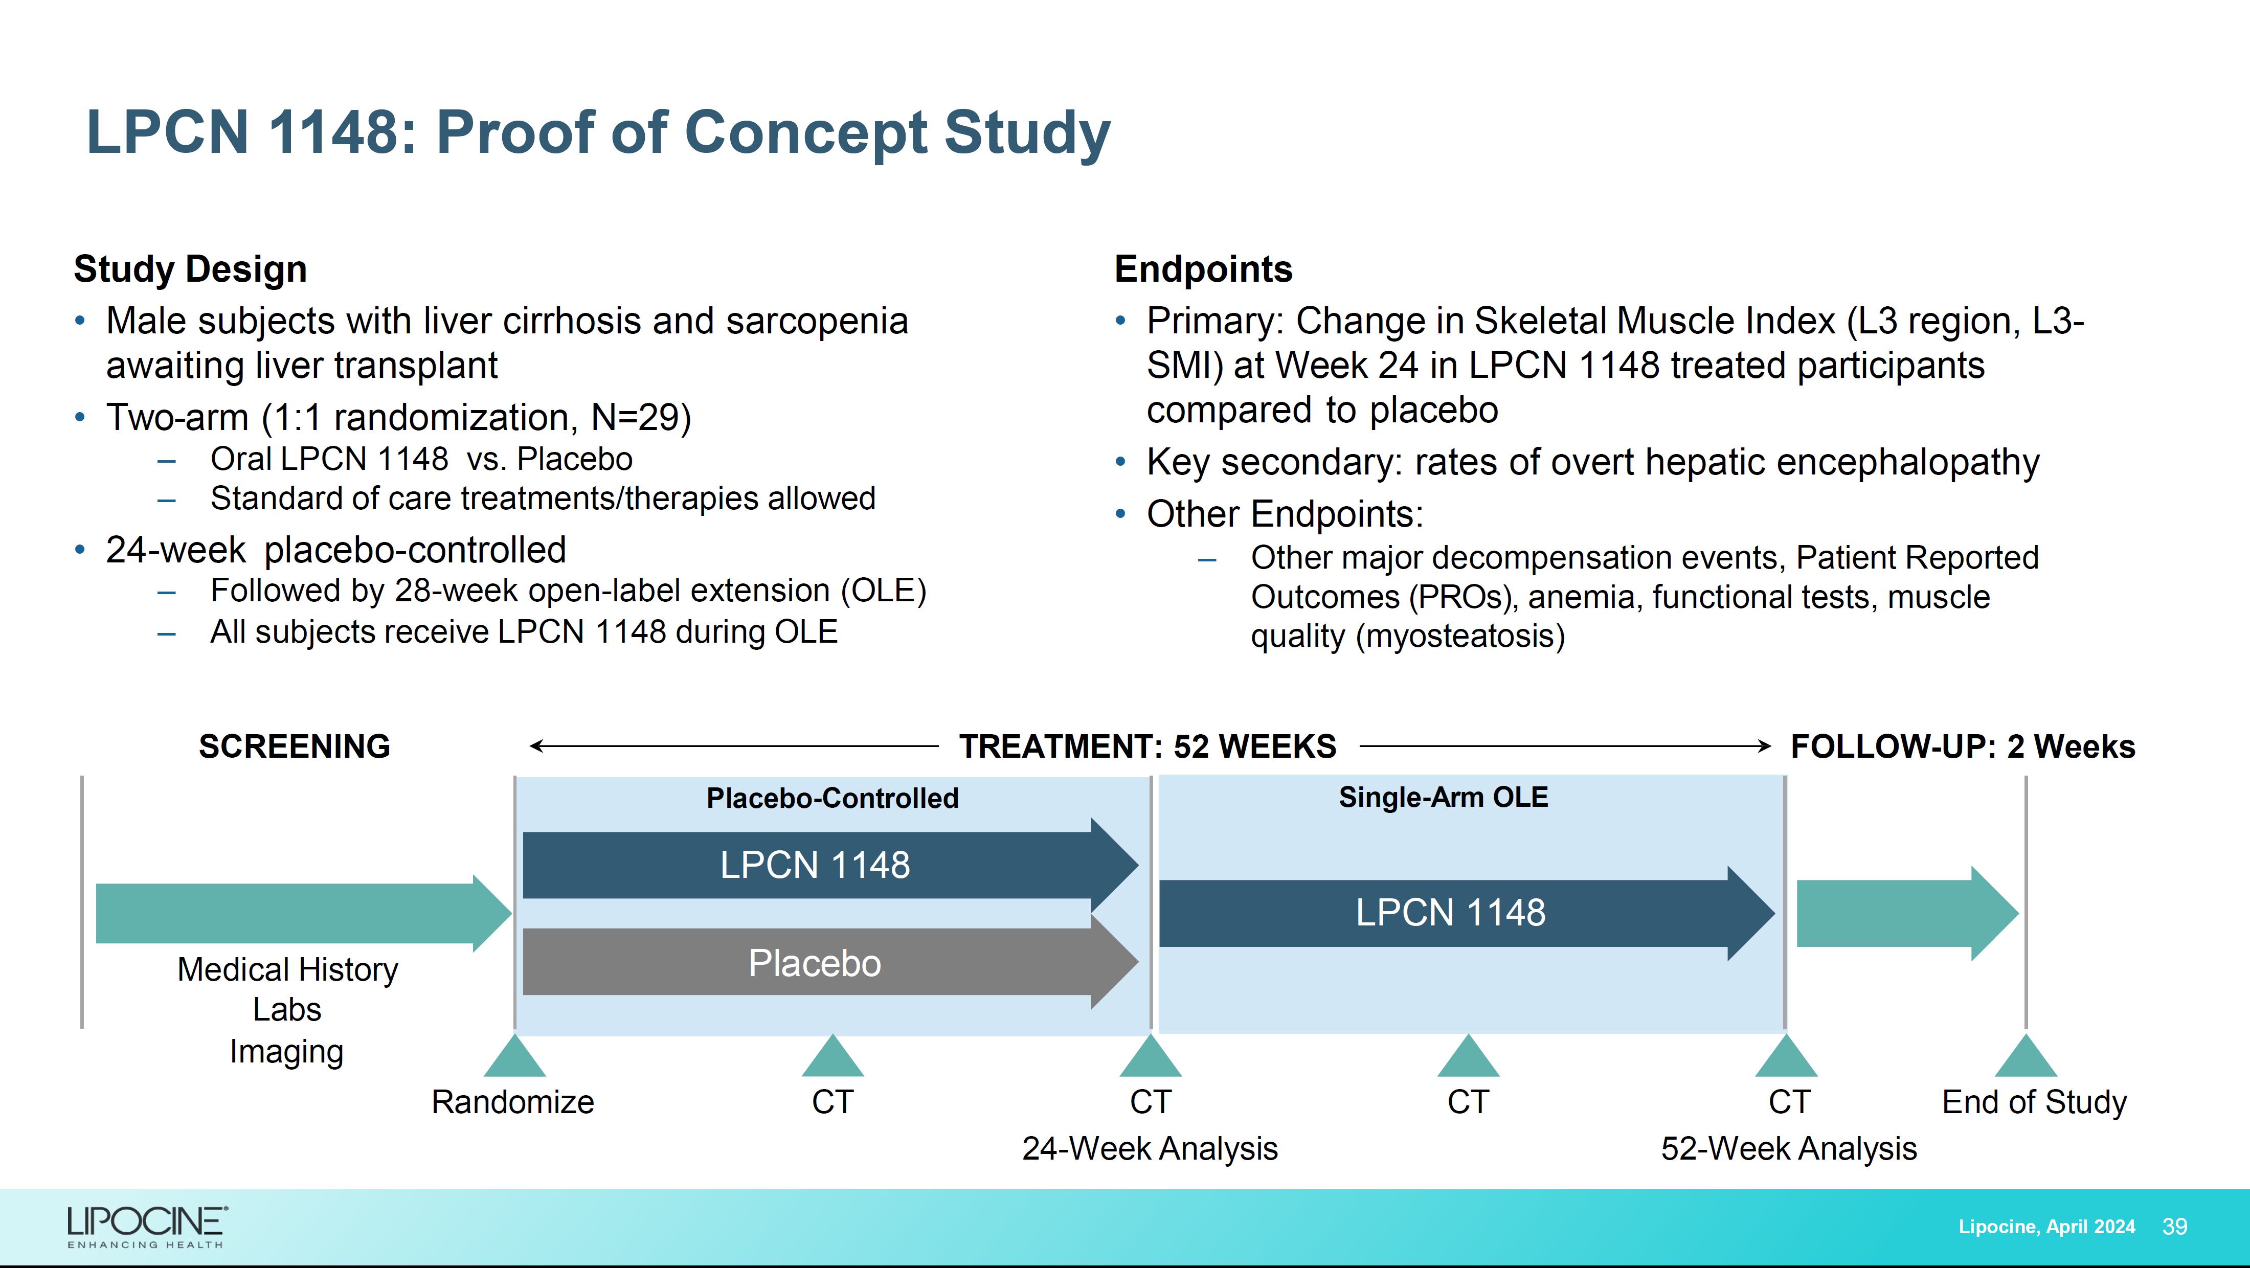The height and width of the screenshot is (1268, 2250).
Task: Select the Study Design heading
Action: (190, 269)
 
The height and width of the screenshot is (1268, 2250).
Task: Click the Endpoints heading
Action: (1203, 269)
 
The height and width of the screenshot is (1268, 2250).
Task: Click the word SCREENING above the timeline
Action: (295, 746)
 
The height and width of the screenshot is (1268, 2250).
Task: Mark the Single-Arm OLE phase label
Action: (1443, 797)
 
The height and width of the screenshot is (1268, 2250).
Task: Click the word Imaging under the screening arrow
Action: (286, 1051)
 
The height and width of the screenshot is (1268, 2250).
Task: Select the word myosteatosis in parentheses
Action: (1460, 636)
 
